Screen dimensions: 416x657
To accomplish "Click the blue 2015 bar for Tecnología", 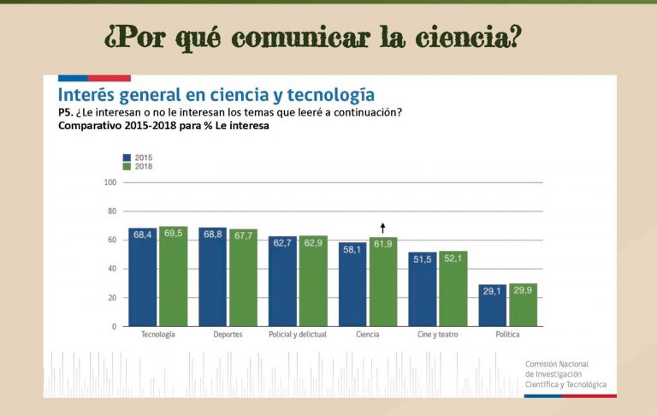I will tap(143, 277).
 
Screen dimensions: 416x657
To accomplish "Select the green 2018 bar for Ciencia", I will tap(383, 282).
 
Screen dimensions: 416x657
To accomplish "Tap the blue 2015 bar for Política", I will tap(492, 306).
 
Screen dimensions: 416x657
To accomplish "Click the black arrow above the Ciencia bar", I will tap(383, 228).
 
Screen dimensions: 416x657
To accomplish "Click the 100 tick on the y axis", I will tap(109, 182).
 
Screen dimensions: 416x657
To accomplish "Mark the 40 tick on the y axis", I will tap(111, 269).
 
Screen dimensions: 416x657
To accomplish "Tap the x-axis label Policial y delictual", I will tap(298, 334).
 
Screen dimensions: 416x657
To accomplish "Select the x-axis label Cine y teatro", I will tap(437, 334).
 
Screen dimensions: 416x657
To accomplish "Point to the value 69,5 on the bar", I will tap(174, 233).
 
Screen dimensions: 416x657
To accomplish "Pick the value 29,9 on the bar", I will tap(523, 291).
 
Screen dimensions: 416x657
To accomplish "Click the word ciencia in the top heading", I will tap(466, 38).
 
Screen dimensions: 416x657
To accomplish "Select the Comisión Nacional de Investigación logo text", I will tap(565, 374).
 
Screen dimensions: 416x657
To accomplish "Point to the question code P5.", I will tap(66, 113).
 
